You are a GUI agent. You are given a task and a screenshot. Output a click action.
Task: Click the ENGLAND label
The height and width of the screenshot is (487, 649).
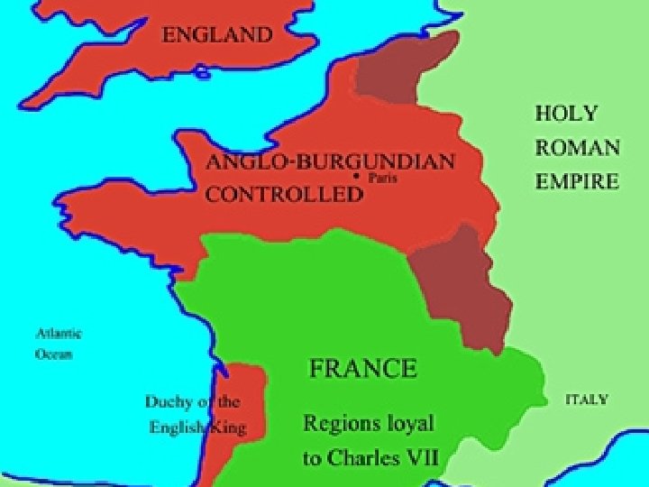[216, 36]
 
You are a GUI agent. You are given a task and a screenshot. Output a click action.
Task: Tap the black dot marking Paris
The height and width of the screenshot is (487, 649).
[357, 178]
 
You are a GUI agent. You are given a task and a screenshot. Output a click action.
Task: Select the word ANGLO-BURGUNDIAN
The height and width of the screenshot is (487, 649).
[330, 163]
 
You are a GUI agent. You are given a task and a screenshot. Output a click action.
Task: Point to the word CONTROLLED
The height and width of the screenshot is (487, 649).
[284, 194]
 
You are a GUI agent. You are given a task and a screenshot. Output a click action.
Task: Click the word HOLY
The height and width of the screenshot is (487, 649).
[566, 114]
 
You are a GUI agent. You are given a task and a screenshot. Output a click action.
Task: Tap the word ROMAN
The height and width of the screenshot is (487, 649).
[577, 147]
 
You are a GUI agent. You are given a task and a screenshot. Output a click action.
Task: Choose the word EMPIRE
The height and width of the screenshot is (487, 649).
[577, 181]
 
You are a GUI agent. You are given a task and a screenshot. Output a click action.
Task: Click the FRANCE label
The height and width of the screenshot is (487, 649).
[362, 368]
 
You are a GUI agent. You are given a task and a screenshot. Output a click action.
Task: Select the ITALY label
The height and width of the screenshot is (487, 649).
[586, 399]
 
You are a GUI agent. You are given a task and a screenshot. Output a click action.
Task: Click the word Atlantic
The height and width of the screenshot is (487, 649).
[59, 334]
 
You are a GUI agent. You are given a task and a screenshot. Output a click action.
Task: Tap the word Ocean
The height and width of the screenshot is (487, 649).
[53, 354]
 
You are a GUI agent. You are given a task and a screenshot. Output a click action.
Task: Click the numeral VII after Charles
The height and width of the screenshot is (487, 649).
[423, 457]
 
